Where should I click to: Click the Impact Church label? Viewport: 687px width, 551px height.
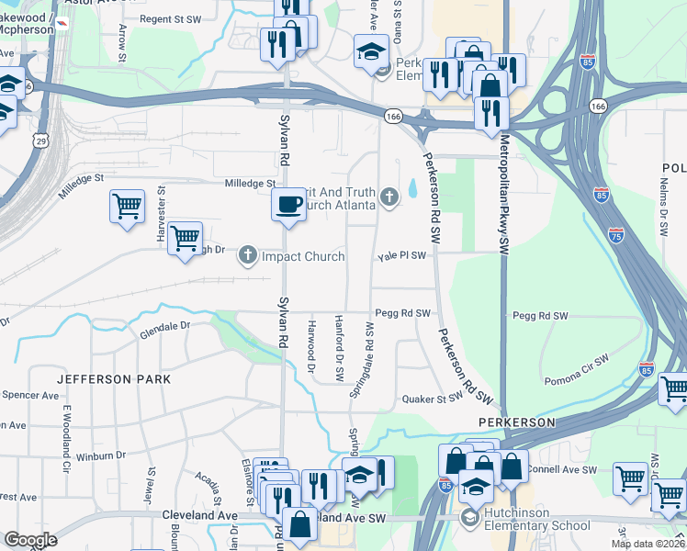(303, 256)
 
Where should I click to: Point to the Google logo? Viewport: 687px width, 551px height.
(30, 540)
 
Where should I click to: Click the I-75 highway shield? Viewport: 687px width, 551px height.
(616, 235)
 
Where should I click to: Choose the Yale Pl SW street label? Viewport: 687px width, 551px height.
(403, 256)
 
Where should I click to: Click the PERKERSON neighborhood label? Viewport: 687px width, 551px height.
(517, 422)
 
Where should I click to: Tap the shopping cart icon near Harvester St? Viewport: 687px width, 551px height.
(127, 206)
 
